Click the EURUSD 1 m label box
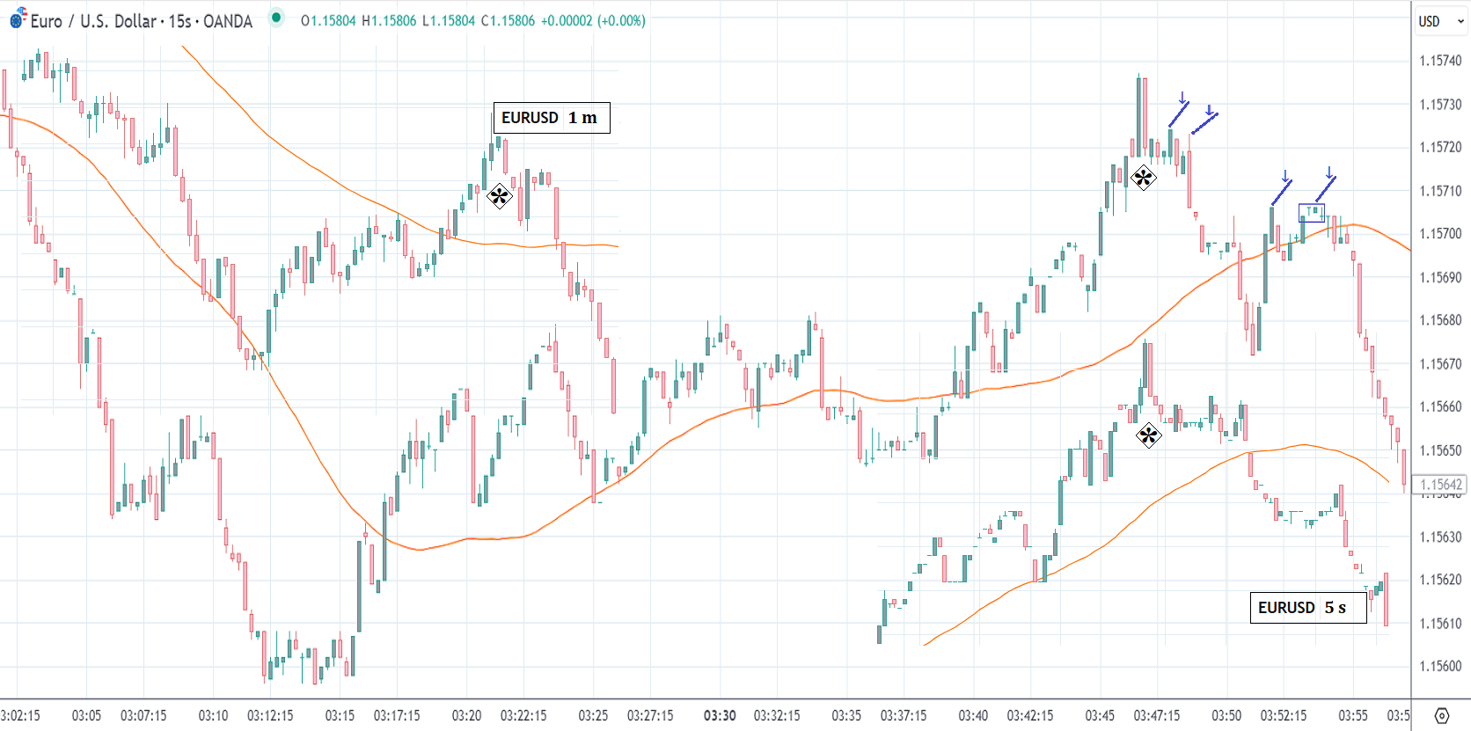point(551,118)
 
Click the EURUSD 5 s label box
point(1307,608)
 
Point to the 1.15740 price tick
point(1439,61)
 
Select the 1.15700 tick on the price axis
point(1439,234)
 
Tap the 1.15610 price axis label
point(1439,624)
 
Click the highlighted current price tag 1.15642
point(1440,485)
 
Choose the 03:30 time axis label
point(720,715)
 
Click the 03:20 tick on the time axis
point(466,715)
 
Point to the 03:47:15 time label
point(1156,715)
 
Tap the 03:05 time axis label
point(86,715)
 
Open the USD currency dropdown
point(1440,21)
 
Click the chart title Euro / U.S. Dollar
point(92,21)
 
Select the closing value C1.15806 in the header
point(508,21)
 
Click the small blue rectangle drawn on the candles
point(1311,213)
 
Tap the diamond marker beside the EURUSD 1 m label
point(499,195)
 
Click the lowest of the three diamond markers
point(1148,435)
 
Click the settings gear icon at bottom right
point(1441,715)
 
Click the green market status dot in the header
point(276,17)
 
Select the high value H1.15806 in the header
point(389,21)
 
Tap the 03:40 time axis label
point(973,715)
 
